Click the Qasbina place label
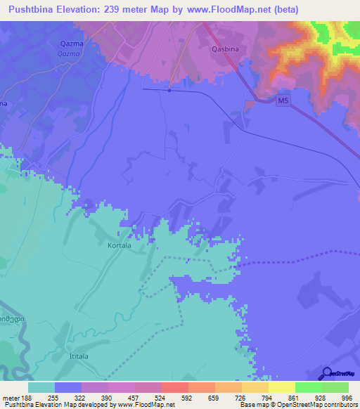228,50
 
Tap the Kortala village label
121,247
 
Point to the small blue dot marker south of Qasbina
170,89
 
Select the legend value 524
160,397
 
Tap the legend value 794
267,397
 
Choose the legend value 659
214,397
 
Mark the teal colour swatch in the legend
41,387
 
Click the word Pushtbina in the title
34,10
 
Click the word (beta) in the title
285,10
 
